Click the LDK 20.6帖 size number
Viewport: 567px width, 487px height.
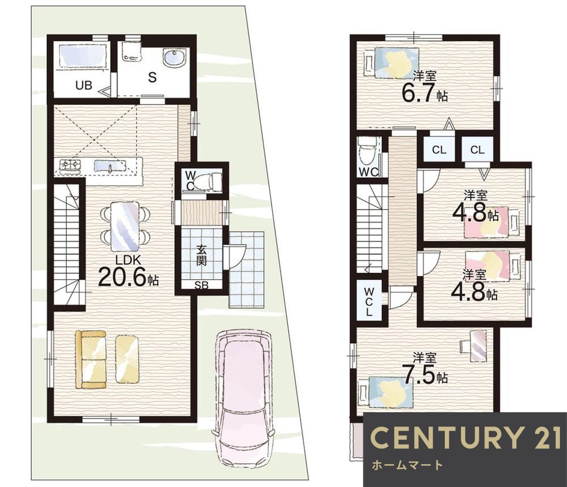click(x=122, y=277)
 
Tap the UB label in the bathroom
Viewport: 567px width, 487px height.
click(x=84, y=86)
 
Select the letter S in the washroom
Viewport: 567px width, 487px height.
click(x=153, y=77)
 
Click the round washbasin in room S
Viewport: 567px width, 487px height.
click(x=174, y=57)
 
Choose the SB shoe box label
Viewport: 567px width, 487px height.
click(x=202, y=285)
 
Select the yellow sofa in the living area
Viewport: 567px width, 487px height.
click(x=91, y=360)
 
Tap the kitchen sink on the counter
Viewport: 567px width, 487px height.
click(x=111, y=166)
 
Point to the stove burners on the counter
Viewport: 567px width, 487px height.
click(x=70, y=165)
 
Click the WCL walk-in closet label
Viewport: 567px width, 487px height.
click(x=369, y=301)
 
